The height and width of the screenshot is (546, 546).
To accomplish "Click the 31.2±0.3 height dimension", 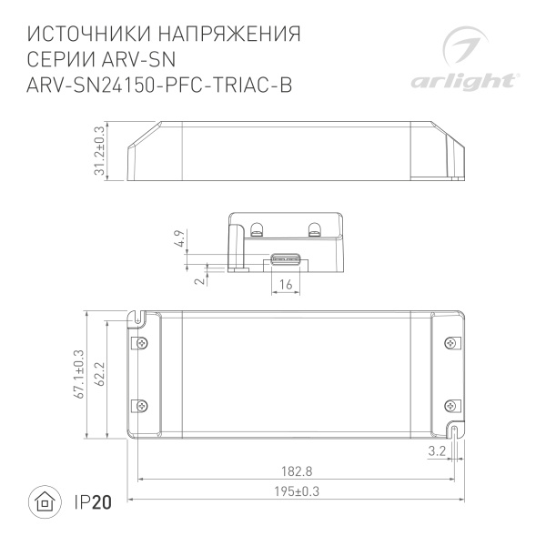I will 100,153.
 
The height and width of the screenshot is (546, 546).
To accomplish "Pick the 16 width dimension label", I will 286,284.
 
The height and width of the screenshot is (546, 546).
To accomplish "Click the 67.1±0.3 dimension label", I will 79,374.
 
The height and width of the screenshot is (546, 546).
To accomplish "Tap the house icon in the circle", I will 43,501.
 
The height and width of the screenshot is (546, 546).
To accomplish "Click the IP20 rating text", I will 90,501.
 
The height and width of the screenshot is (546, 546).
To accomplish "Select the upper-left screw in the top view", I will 141,343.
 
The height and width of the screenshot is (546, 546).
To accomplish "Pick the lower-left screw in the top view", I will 141,406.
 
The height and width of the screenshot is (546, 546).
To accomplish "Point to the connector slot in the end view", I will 286,258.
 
